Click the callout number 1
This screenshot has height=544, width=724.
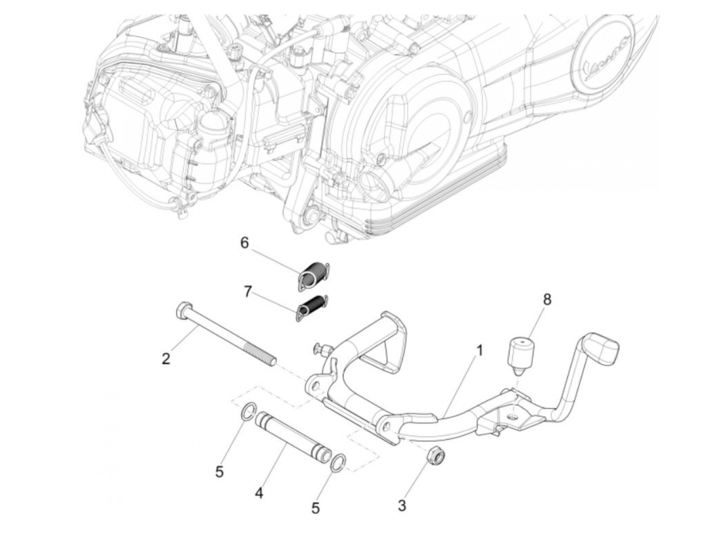tap(479, 351)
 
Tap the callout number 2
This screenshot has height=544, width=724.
tap(165, 358)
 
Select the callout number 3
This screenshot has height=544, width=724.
tap(402, 505)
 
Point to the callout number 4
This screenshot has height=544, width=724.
tap(259, 493)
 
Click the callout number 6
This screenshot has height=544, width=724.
tap(245, 243)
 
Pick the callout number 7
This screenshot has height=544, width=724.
tap(248, 292)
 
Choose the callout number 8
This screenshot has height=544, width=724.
tap(547, 299)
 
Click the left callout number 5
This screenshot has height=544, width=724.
tap(219, 472)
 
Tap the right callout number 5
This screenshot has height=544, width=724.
tap(315, 508)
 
